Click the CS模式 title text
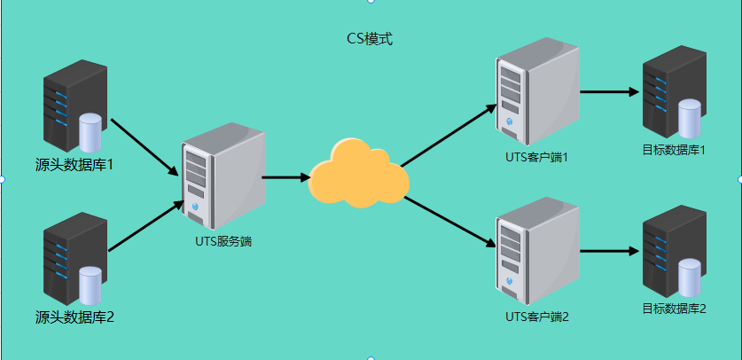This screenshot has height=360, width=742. click(370, 39)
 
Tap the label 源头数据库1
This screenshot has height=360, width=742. click(74, 165)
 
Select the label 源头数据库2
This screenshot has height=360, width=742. click(74, 317)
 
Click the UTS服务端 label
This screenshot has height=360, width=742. click(223, 242)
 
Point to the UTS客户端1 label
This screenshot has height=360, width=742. click(536, 157)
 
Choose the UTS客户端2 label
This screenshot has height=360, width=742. click(536, 316)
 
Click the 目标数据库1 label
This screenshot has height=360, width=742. click(674, 151)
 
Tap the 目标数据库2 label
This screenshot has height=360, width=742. click(674, 309)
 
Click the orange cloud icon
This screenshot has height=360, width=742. click(358, 174)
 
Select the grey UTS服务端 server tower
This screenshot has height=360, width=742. click(223, 176)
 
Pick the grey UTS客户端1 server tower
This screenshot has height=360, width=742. click(537, 91)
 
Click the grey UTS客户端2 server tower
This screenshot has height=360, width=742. click(537, 251)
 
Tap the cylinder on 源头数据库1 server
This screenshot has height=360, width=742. click(90, 132)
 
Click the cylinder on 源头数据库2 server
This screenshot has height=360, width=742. click(90, 286)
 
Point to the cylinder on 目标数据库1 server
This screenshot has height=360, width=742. click(690, 117)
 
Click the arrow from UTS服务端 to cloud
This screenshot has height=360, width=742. click(285, 178)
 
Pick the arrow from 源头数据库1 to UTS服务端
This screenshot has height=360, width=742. click(144, 147)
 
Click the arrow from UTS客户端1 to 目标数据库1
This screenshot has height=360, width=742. click(610, 92)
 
